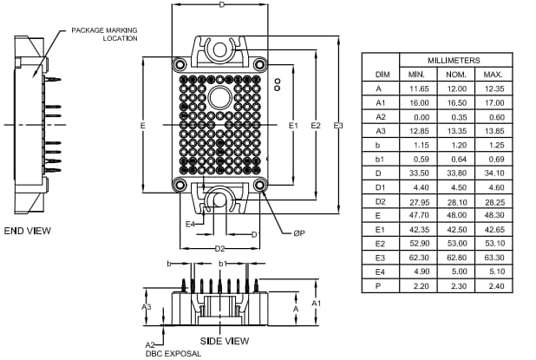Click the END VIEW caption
(28, 231)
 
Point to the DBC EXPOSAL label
(173, 353)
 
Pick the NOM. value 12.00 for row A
(456, 88)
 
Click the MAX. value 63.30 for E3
(494, 258)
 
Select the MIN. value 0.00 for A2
(421, 116)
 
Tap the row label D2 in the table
(381, 201)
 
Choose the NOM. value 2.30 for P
(456, 285)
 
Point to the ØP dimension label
(298, 232)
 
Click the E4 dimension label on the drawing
(190, 223)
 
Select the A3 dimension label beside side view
(147, 306)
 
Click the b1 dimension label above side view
(223, 263)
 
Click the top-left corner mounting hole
(180, 65)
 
